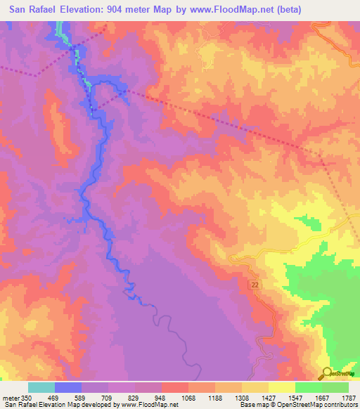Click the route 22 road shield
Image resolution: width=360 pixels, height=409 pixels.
point(254,282)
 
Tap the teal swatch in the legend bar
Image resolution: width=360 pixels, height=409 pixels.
point(41,387)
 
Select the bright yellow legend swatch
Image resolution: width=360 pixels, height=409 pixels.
point(282,387)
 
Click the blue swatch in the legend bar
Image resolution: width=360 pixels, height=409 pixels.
point(68,387)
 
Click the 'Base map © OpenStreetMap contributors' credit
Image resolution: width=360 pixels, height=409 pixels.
point(298,405)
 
